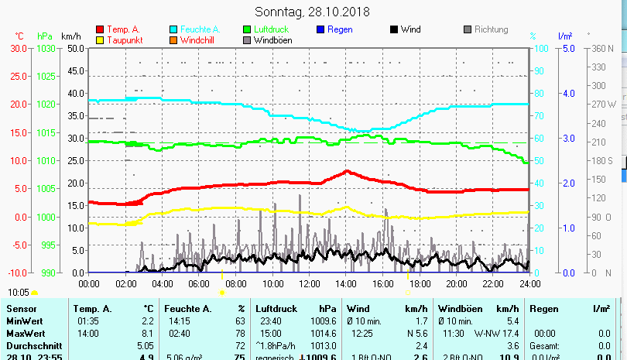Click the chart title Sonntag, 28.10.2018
pos(313,12)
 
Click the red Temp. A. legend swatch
pos(99,30)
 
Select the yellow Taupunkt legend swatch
pos(99,40)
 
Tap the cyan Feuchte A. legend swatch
pos(173,30)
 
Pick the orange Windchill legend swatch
pos(173,40)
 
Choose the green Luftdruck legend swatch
pos(247,30)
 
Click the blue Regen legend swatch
pos(320,30)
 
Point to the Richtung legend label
pos(491,30)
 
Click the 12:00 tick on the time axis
pos(309,283)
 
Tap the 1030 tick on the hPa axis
pos(46,48)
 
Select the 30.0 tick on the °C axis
pos(18,48)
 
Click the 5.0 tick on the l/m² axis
pos(568,48)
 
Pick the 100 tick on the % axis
pos(542,48)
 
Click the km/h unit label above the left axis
pos(71,36)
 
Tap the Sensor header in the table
pos(21,309)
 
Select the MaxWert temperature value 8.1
pos(147,332)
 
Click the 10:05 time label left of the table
pos(19,292)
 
